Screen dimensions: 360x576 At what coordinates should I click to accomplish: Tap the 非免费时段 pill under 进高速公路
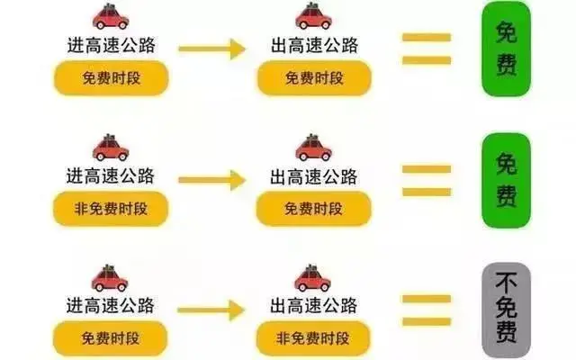[x=112, y=209]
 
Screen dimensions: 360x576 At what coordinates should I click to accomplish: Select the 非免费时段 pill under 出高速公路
[x=314, y=337]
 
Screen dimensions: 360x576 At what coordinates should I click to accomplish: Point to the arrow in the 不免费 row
[x=212, y=311]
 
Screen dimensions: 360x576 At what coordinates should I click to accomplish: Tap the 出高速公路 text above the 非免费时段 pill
[x=314, y=303]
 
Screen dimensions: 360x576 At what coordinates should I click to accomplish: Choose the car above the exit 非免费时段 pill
[x=313, y=275]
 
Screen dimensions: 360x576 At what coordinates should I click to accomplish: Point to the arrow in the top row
[x=212, y=49]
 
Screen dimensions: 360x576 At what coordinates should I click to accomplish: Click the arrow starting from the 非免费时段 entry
[x=212, y=180]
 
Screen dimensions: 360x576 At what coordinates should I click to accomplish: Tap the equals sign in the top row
[x=425, y=49]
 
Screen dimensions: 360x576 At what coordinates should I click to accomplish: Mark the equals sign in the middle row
[x=425, y=179]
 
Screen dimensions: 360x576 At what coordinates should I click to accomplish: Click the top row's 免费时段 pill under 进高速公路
[x=112, y=79]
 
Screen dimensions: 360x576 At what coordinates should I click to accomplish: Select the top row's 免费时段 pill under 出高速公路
[x=314, y=79]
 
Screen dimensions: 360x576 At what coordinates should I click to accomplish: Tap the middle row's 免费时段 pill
[x=314, y=209]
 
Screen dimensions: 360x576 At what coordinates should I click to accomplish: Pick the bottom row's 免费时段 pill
[x=112, y=337]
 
